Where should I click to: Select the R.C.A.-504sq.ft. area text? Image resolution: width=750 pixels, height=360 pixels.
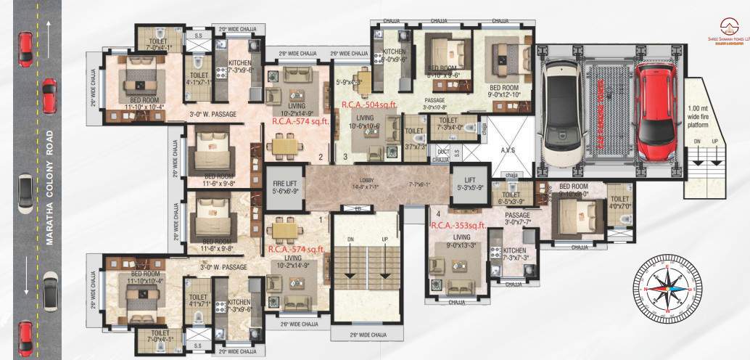(368, 105)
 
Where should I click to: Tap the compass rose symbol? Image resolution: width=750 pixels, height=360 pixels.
(665, 288)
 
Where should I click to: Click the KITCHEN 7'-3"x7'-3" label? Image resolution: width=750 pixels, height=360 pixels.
(512, 253)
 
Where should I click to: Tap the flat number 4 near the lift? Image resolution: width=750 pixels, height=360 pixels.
(439, 215)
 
